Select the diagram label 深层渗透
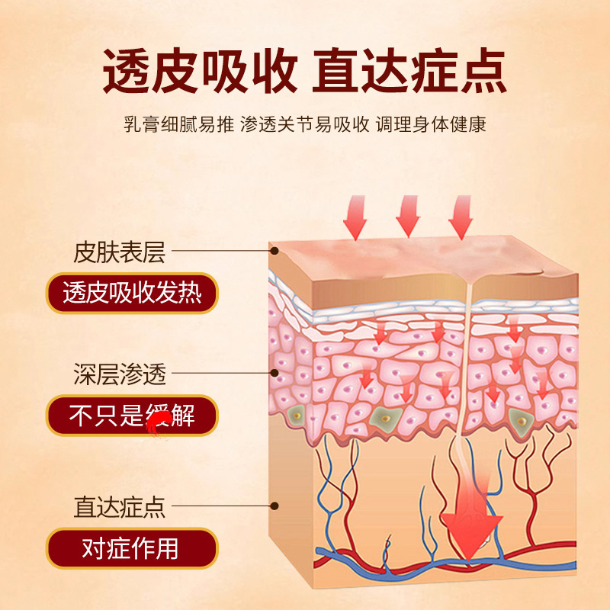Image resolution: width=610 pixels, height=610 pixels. [x=120, y=375]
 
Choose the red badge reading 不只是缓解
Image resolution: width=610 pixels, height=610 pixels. [x=131, y=416]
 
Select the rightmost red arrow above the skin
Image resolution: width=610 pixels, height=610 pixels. [x=461, y=217]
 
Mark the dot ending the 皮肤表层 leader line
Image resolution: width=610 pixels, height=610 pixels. [x=274, y=249]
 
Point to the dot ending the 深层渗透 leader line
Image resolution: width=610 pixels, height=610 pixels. [x=275, y=374]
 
